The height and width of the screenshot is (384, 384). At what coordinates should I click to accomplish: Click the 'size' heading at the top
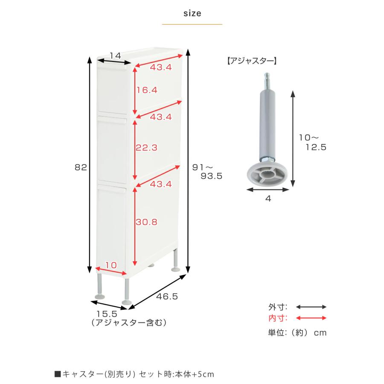point(192,13)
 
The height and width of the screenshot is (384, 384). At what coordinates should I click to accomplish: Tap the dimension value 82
point(81,168)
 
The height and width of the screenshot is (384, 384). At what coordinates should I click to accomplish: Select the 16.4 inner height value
point(147,90)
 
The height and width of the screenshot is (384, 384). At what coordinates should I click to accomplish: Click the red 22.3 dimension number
point(147,148)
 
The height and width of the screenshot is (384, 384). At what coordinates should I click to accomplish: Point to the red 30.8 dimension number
point(147,222)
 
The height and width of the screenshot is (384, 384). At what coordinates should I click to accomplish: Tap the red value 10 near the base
point(111,265)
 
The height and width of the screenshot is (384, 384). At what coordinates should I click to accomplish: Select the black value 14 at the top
point(115,55)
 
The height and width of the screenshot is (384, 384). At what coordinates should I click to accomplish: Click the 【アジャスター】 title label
point(251,61)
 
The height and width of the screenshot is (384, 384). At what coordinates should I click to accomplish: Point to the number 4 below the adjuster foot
point(268,198)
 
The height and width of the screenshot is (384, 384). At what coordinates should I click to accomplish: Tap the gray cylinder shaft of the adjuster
point(267,124)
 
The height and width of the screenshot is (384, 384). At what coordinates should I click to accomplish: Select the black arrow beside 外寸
point(311,307)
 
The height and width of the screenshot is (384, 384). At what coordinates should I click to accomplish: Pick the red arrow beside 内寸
point(311,318)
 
